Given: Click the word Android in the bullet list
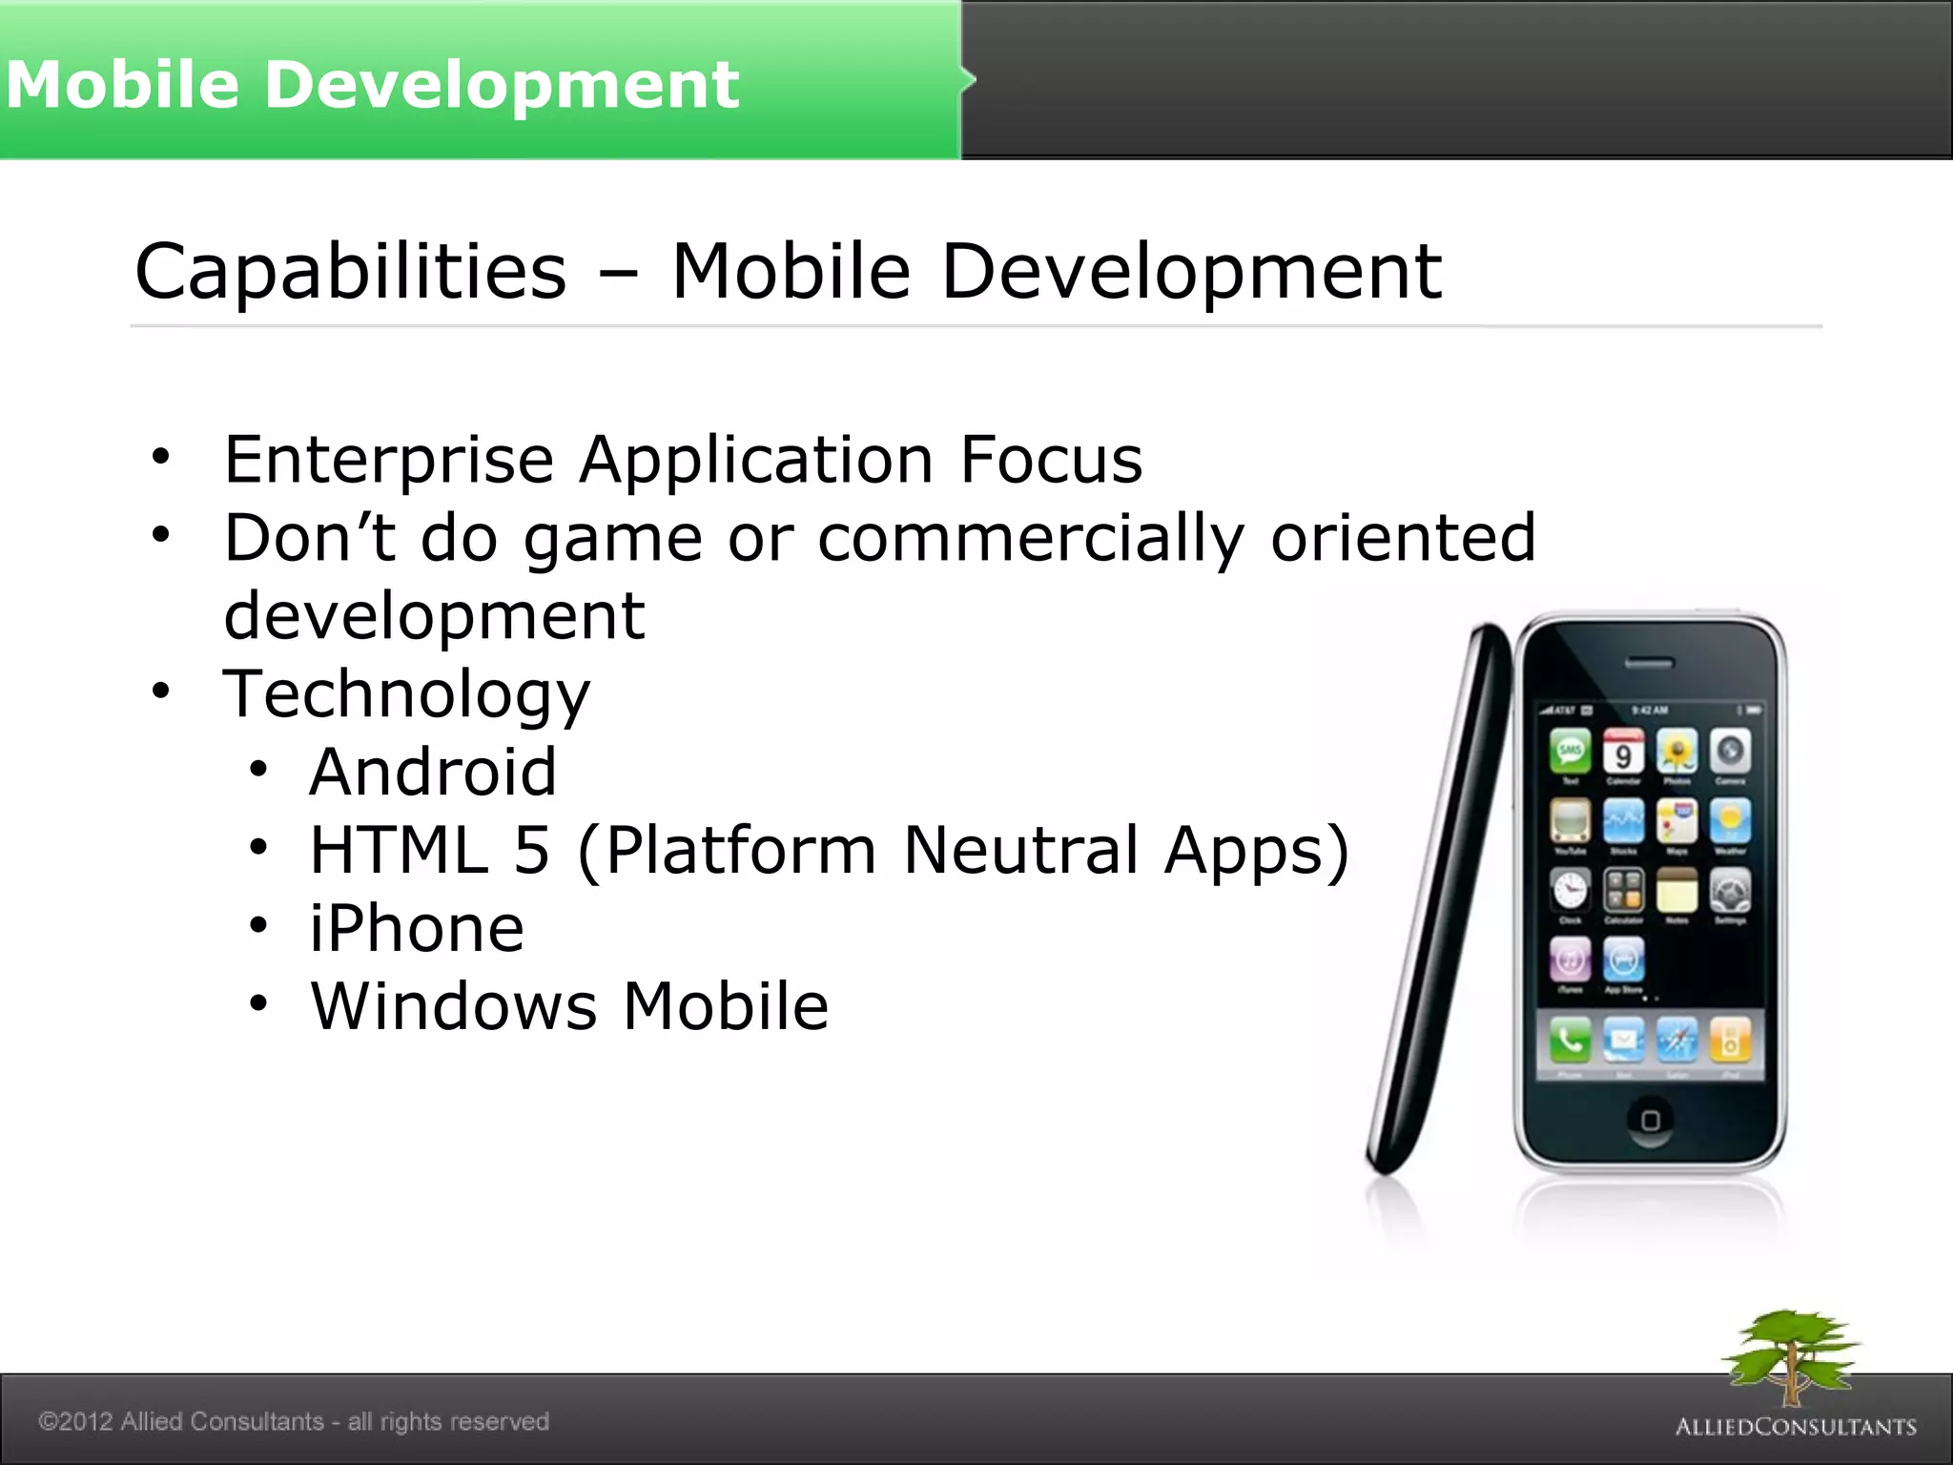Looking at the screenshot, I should (x=433, y=772).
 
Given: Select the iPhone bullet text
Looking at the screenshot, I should (x=417, y=928).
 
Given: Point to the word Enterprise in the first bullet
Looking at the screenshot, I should (x=388, y=461).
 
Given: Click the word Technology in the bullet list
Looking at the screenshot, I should (x=406, y=694).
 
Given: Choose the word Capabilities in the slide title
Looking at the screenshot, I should (x=351, y=272).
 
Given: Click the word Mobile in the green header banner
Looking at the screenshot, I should (x=122, y=84).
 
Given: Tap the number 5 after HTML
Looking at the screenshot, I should (x=532, y=850).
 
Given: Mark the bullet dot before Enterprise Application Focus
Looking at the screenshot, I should (x=160, y=457).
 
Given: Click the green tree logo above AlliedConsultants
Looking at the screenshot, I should (x=1791, y=1354).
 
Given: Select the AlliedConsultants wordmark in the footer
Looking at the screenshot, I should (x=1796, y=1427).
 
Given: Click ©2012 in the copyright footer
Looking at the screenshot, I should (x=75, y=1421).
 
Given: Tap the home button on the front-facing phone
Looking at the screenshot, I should (x=1650, y=1120).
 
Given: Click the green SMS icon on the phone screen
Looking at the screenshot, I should (x=1570, y=752).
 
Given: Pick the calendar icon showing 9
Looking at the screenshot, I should (x=1623, y=752).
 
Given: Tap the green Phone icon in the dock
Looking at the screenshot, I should (x=1570, y=1041).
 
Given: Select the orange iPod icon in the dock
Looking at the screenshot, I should (x=1730, y=1041).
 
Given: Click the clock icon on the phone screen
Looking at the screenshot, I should (x=1570, y=891).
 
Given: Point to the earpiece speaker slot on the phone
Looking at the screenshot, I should (x=1649, y=663).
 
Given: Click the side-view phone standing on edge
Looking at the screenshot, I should (x=1440, y=897).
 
